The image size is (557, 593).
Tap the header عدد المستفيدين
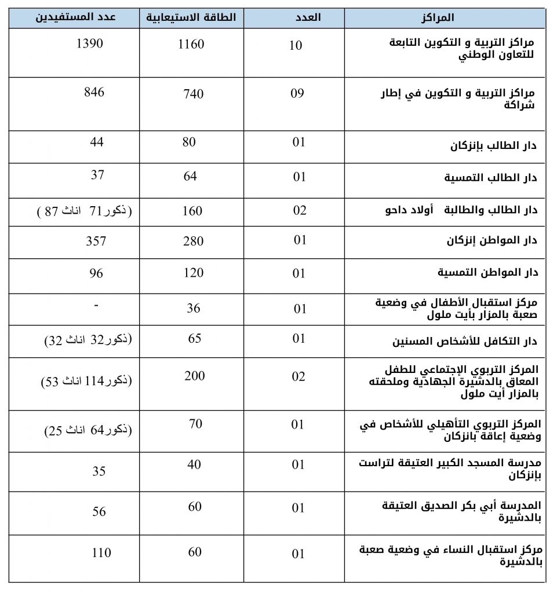pyautogui.click(x=76, y=17)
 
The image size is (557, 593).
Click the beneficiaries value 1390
pyautogui.click(x=90, y=43)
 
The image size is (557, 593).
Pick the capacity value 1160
pyautogui.click(x=191, y=44)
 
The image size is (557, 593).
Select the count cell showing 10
pyautogui.click(x=296, y=46)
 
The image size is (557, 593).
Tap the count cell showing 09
pyautogui.click(x=297, y=93)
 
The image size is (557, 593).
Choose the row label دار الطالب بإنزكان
pyautogui.click(x=493, y=145)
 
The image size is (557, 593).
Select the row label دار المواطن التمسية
pyautogui.click(x=487, y=272)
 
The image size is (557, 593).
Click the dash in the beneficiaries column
pyautogui.click(x=95, y=305)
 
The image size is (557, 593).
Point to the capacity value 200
pyautogui.click(x=195, y=376)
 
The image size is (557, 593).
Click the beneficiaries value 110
pyautogui.click(x=101, y=552)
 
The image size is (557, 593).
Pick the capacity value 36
pyautogui.click(x=193, y=309)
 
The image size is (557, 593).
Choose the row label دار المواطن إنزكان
pyautogui.click(x=492, y=241)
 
